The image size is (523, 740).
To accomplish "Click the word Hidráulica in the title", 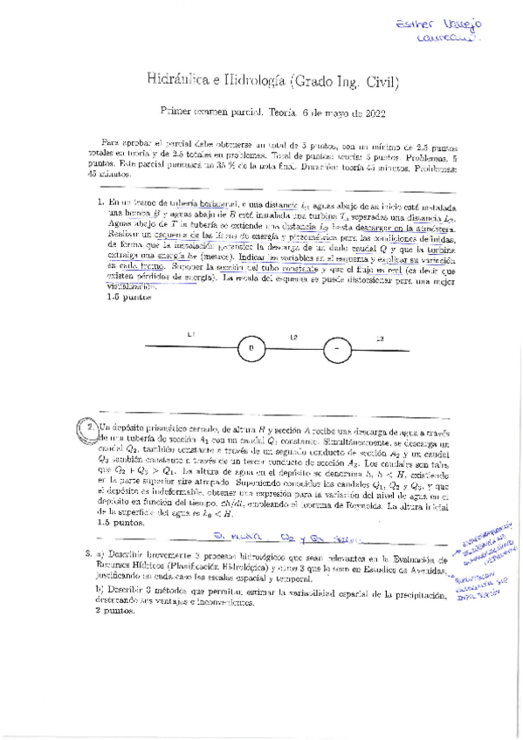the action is (175, 83).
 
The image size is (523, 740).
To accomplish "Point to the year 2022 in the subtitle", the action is (370, 112).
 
